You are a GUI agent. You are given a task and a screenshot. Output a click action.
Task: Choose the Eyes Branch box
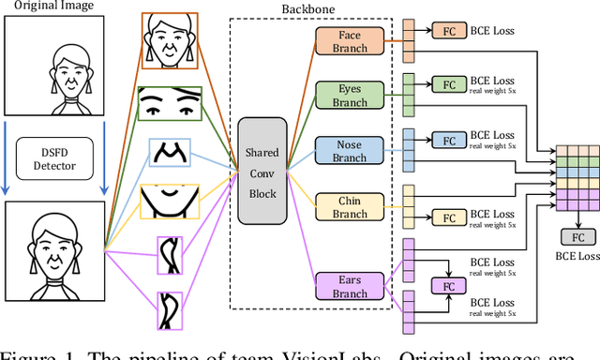tap(349, 94)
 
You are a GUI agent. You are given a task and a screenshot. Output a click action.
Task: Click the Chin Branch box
tap(349, 207)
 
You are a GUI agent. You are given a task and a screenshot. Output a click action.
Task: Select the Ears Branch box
tap(349, 285)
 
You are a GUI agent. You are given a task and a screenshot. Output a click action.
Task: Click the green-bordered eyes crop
tap(171, 103)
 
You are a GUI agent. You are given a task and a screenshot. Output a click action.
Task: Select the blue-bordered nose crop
tap(171, 152)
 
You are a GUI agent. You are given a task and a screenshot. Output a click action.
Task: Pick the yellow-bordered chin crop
tap(171, 201)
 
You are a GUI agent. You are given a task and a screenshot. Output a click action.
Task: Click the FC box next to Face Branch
tap(447, 31)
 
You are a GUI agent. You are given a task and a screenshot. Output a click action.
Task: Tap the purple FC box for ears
tap(447, 284)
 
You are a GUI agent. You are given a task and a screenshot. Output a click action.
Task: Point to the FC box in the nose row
tap(447, 141)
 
